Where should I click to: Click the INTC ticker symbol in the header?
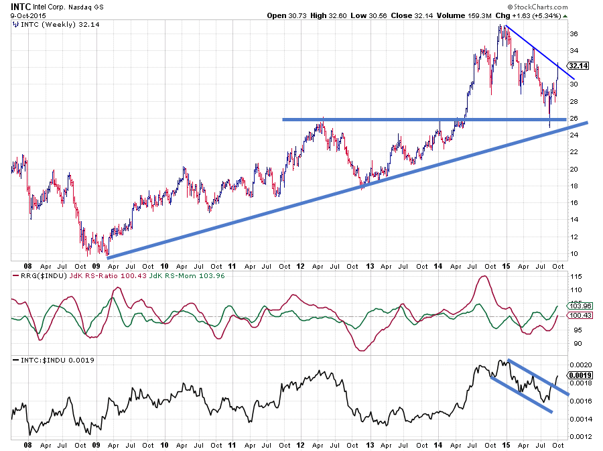point(21,6)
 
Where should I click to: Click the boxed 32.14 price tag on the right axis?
point(577,66)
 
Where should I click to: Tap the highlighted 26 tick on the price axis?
point(574,119)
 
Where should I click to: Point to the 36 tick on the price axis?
point(574,34)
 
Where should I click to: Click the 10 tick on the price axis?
point(574,254)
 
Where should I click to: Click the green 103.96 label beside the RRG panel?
point(578,306)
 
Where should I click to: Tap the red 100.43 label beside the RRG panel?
point(578,315)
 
